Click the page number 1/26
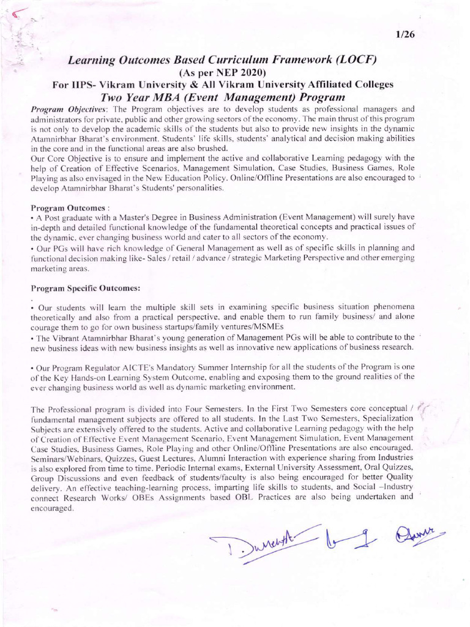(406, 34)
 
